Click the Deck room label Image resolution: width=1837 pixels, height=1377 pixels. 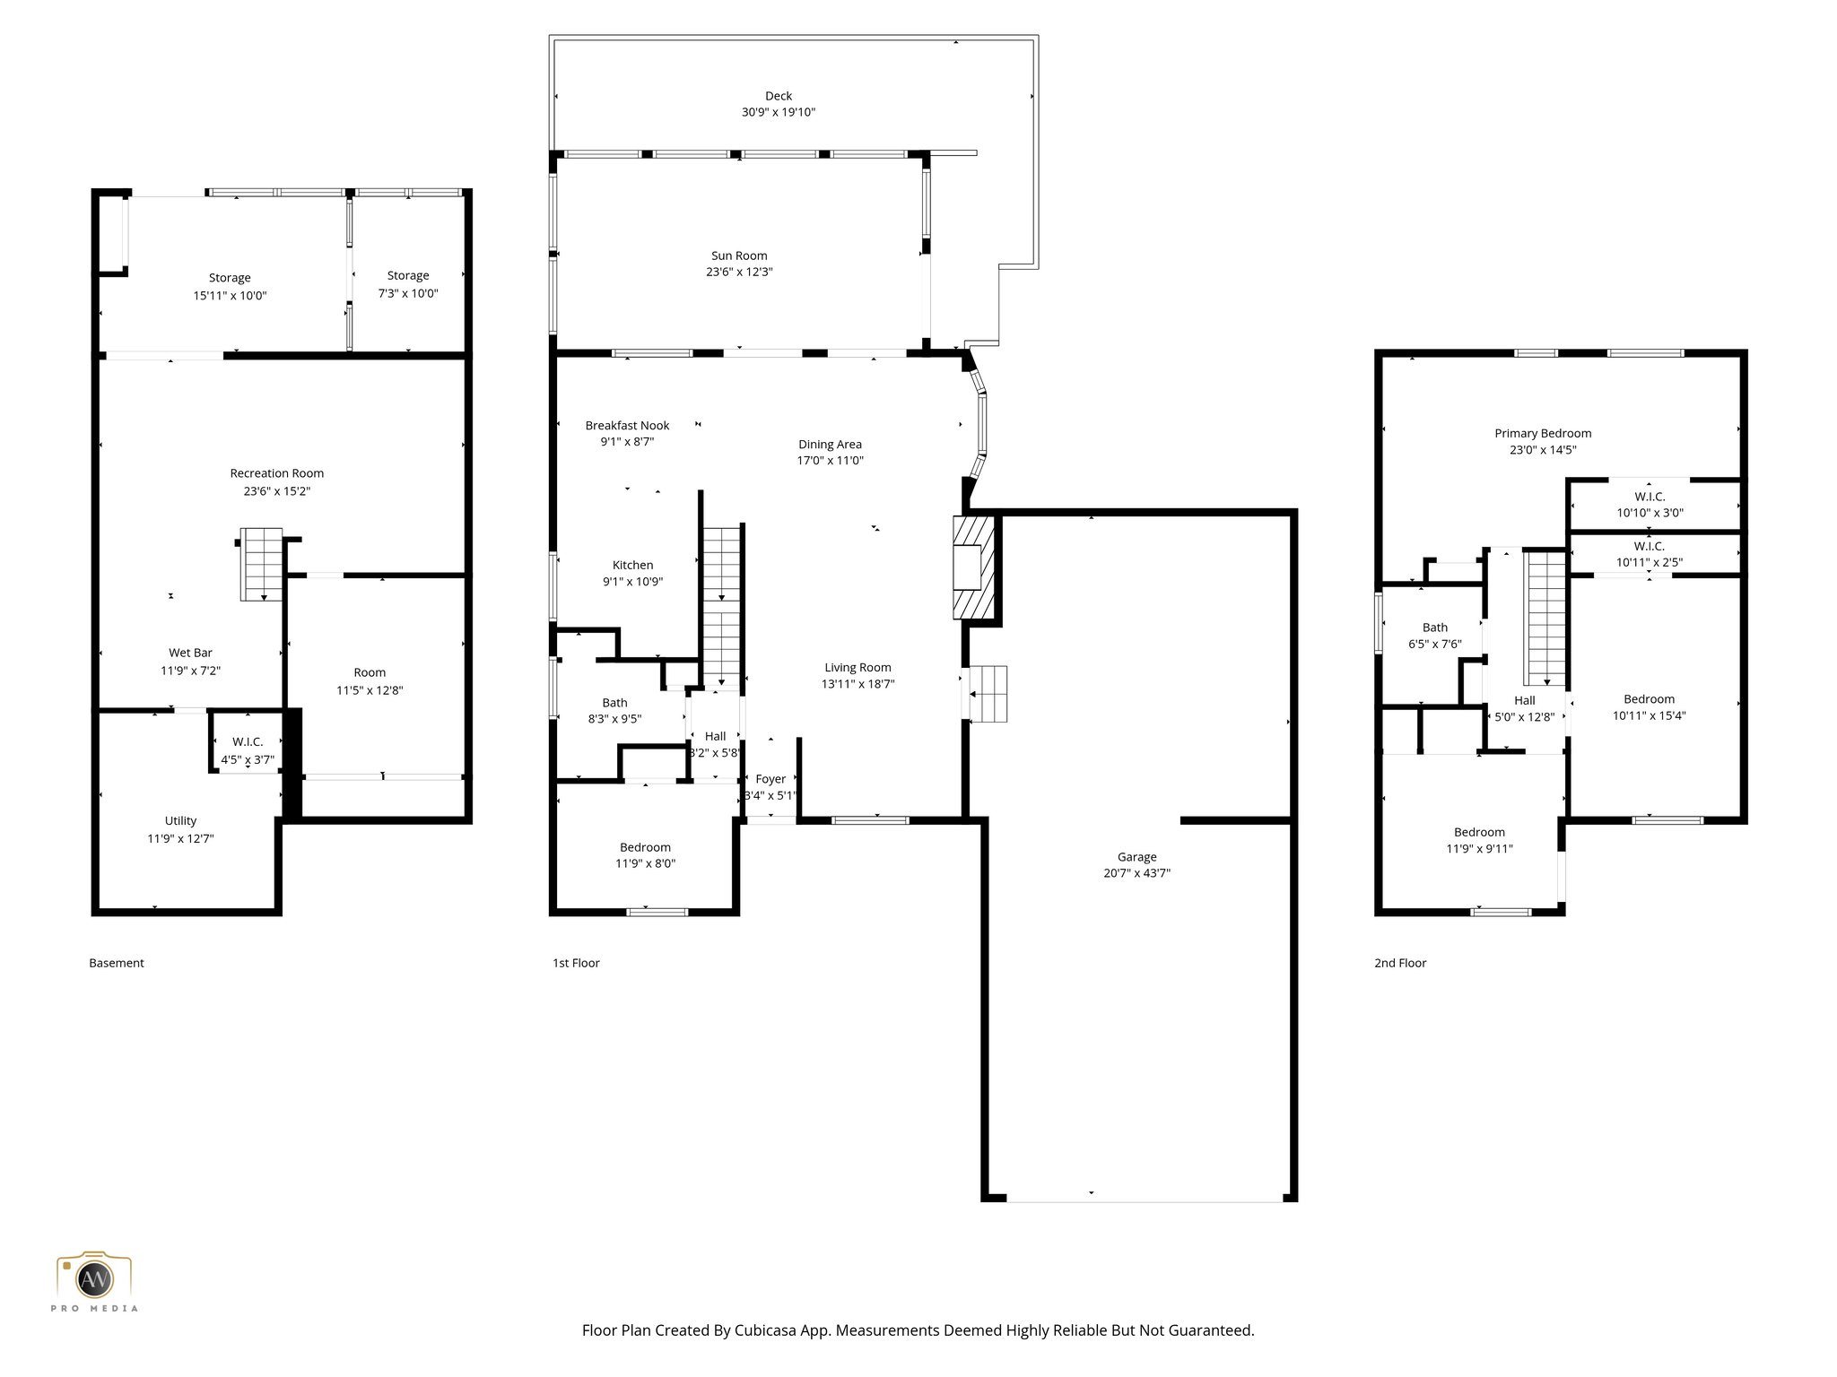point(778,96)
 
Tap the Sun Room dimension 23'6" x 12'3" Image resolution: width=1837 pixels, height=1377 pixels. point(738,273)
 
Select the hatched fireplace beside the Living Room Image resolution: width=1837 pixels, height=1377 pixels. point(973,567)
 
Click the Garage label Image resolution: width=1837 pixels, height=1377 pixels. point(1136,857)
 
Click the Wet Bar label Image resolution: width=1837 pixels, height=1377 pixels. point(190,654)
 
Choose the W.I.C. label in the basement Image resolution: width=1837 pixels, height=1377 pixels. point(248,742)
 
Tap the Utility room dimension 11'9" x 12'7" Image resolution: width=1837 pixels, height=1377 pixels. point(180,839)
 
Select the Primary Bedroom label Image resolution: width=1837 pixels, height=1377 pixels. point(1542,434)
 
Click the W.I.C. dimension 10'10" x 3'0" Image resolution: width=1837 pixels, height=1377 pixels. point(1650,514)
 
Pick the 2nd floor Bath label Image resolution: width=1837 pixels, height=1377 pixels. point(1434,628)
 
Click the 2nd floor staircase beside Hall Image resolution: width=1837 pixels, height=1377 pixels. point(1546,619)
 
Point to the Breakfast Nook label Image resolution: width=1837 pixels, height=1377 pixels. point(627,426)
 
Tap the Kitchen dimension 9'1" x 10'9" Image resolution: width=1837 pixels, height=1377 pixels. point(632,582)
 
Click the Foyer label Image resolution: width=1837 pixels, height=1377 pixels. point(770,780)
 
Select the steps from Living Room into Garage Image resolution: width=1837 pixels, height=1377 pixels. point(988,693)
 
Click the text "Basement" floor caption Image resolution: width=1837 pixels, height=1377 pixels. point(117,964)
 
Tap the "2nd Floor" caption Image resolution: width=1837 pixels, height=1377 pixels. point(1399,964)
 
